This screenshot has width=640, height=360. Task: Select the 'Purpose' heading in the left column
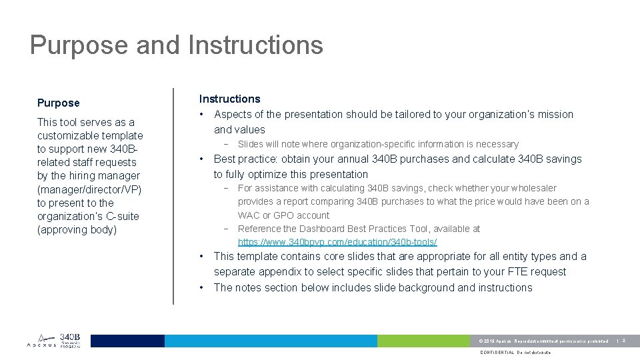(x=58, y=103)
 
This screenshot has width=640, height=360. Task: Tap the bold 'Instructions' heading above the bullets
(x=229, y=99)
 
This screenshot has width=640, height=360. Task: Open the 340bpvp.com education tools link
(x=337, y=242)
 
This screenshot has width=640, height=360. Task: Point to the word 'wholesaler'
(x=533, y=188)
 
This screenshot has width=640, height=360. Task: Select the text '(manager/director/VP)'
(x=89, y=189)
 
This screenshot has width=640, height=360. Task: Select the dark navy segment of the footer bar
(x=127, y=341)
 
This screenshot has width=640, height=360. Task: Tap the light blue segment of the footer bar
(x=271, y=341)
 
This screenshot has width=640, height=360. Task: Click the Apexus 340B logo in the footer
(x=53, y=341)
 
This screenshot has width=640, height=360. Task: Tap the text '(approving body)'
(x=77, y=229)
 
